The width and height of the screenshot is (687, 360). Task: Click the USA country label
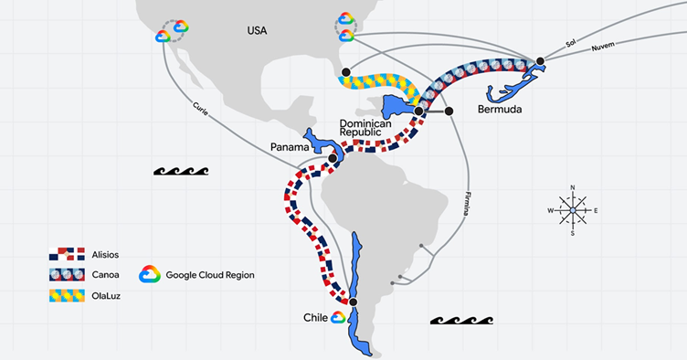point(257,31)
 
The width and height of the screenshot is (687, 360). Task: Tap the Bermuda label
point(500,109)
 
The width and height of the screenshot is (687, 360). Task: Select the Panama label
point(290,147)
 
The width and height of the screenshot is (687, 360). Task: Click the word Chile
point(315,318)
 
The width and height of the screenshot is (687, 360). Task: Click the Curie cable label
point(200,109)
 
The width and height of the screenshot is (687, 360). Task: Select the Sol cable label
point(570,43)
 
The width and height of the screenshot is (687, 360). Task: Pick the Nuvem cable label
point(603,47)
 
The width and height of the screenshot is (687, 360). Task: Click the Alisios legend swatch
point(67,254)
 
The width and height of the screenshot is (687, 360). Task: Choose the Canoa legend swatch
point(67,275)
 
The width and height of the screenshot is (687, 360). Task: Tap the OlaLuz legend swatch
point(67,296)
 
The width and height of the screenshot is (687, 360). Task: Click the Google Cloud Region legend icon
point(150,274)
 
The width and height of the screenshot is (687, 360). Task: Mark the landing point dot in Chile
point(354,302)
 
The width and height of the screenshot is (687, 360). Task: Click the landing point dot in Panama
point(333,158)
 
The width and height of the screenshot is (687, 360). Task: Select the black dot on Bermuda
point(540,61)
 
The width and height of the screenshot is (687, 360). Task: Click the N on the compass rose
point(573,187)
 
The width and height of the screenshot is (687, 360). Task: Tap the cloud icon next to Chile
point(338,318)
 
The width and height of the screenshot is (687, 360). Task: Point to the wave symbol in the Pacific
point(181,171)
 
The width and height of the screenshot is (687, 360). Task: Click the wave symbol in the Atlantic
point(461,320)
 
